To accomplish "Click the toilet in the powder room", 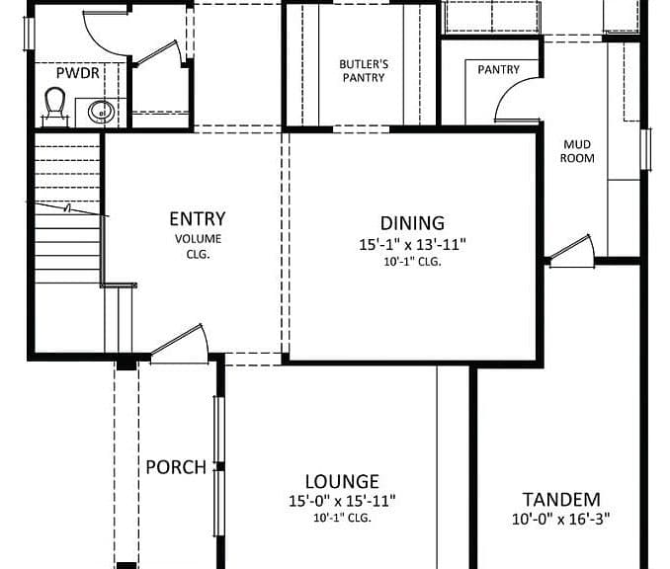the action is click(54, 107).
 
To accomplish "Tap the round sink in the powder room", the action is click(101, 113).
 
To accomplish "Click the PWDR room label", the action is click(78, 73).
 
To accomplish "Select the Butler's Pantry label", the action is click(364, 71).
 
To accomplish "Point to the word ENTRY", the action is click(198, 219).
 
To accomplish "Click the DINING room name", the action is click(412, 223).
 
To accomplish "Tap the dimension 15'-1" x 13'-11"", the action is click(412, 245).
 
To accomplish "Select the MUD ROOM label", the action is click(577, 151).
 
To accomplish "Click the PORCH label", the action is click(176, 467).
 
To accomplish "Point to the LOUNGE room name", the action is click(342, 482).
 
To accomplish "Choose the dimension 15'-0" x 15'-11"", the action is click(342, 501).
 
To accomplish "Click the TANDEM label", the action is click(561, 500).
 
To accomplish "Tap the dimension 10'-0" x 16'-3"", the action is click(561, 520).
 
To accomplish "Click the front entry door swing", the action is click(180, 345).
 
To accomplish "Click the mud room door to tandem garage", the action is click(571, 251).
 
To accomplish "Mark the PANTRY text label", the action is click(499, 69).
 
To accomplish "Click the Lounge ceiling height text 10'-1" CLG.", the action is click(342, 519).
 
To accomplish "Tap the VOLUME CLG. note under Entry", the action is click(199, 247).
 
